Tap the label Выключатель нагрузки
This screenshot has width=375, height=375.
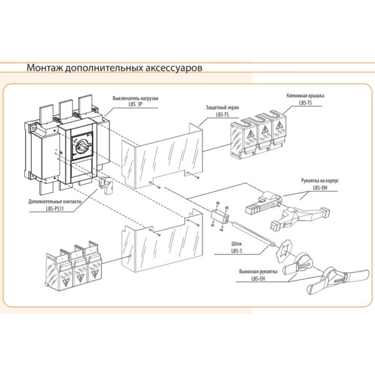(136, 99)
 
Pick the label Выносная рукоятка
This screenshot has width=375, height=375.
(256, 272)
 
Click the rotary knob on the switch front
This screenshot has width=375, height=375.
(82, 146)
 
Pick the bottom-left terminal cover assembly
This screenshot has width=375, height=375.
(69, 268)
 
